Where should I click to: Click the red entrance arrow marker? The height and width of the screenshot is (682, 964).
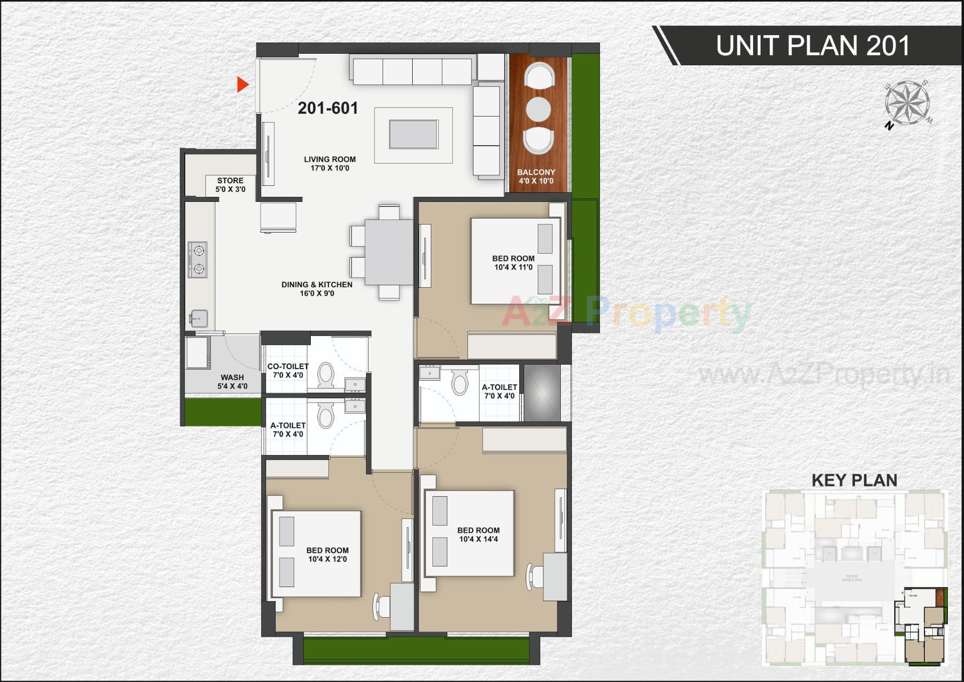pyautogui.click(x=243, y=85)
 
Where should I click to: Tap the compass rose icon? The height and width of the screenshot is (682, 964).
pyautogui.click(x=907, y=104)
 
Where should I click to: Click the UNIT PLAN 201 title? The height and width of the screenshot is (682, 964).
pyautogui.click(x=812, y=46)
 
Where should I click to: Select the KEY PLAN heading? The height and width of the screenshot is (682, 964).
pyautogui.click(x=854, y=480)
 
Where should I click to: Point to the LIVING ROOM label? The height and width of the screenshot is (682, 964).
pyautogui.click(x=329, y=159)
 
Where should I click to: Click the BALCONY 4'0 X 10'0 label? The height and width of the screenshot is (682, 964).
pyautogui.click(x=536, y=176)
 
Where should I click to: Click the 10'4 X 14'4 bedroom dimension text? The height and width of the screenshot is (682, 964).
pyautogui.click(x=478, y=539)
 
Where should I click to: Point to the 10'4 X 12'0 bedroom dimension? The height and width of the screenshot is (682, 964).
pyautogui.click(x=327, y=559)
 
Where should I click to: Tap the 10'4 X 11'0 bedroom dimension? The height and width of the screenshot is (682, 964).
pyautogui.click(x=513, y=267)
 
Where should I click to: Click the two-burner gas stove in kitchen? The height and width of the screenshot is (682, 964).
pyautogui.click(x=198, y=260)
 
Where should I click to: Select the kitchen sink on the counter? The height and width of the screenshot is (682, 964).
pyautogui.click(x=199, y=318)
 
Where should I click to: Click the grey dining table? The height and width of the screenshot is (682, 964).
pyautogui.click(x=389, y=252)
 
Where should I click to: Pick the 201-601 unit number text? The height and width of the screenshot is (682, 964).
pyautogui.click(x=328, y=108)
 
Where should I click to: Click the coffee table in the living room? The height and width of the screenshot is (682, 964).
pyautogui.click(x=413, y=135)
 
